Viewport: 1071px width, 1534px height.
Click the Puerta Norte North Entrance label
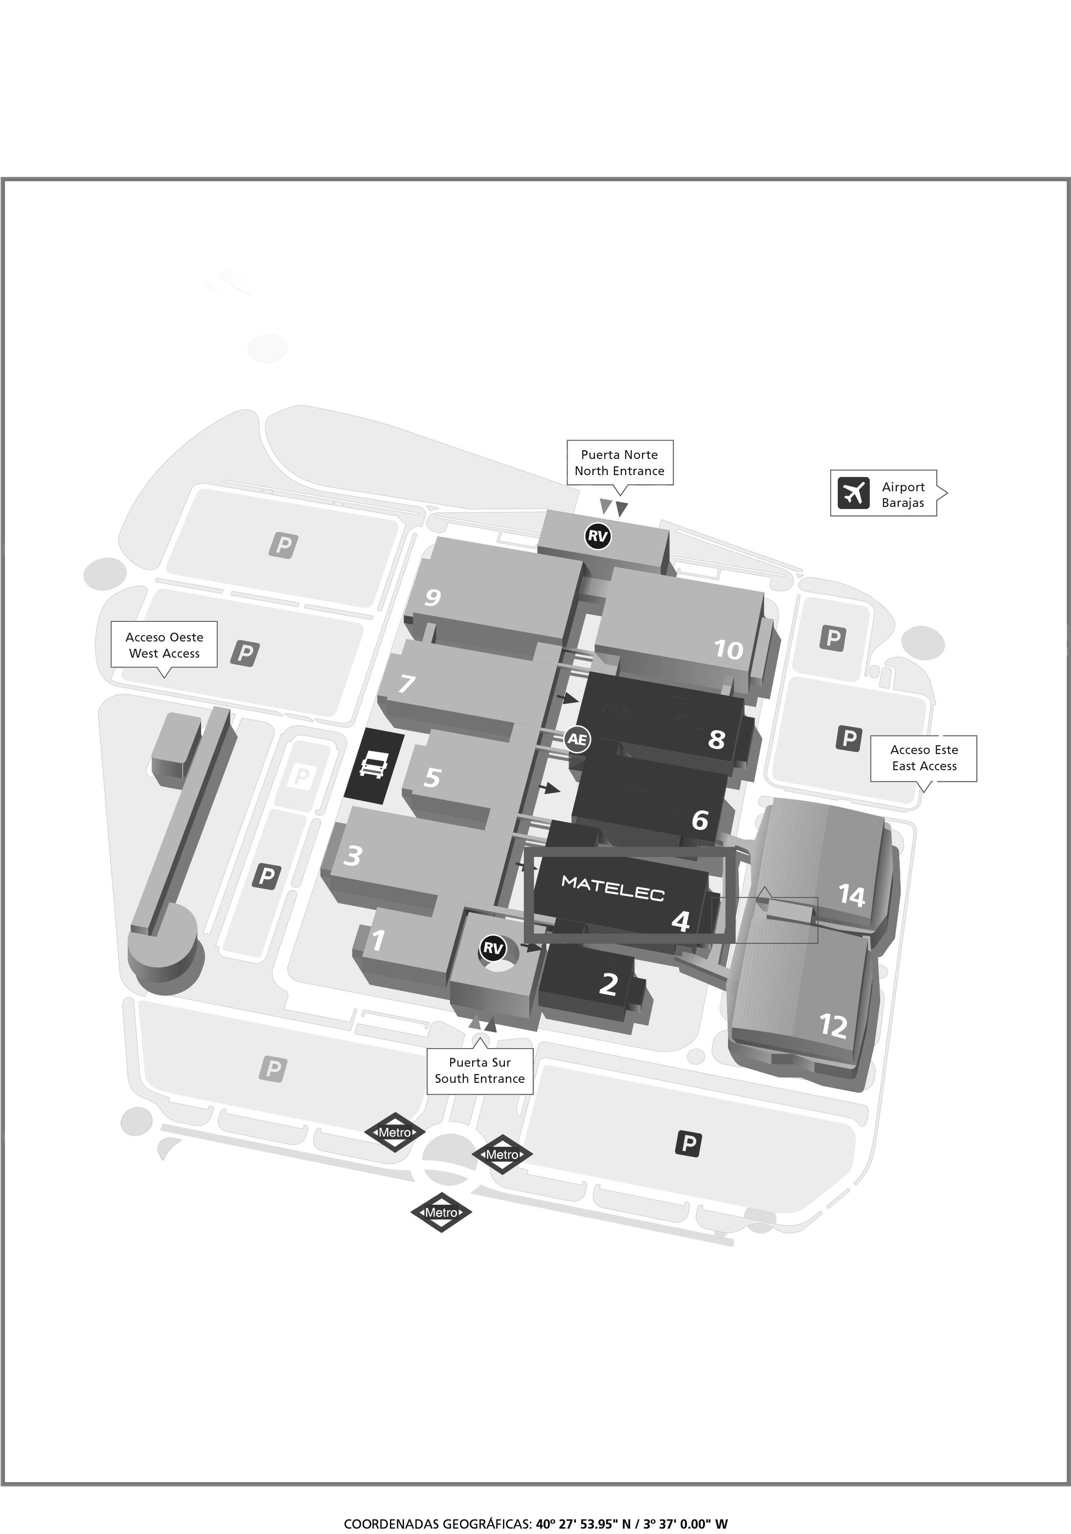coord(619,462)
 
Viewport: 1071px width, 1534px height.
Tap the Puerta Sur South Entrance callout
coord(479,1070)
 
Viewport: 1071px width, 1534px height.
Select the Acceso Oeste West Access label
coord(164,645)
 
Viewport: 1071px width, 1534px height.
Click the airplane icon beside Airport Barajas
coord(853,493)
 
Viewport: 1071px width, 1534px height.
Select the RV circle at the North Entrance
coord(597,535)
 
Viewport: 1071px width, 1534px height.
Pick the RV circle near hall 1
coord(492,948)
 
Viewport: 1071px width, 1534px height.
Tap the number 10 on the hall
coord(728,649)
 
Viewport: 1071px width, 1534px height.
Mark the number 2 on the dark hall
coord(608,984)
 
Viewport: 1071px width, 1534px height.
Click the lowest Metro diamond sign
coord(441,1212)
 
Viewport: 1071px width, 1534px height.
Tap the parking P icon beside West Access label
coord(245,652)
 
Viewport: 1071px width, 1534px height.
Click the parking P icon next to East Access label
coord(848,738)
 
